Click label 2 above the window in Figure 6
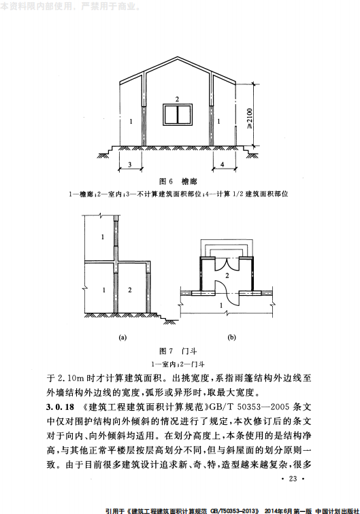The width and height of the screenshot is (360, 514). tap(177, 99)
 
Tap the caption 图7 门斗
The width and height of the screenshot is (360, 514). tap(174, 351)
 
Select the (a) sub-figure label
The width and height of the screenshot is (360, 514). tap(122, 337)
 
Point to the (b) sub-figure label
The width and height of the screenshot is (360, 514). tap(232, 337)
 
